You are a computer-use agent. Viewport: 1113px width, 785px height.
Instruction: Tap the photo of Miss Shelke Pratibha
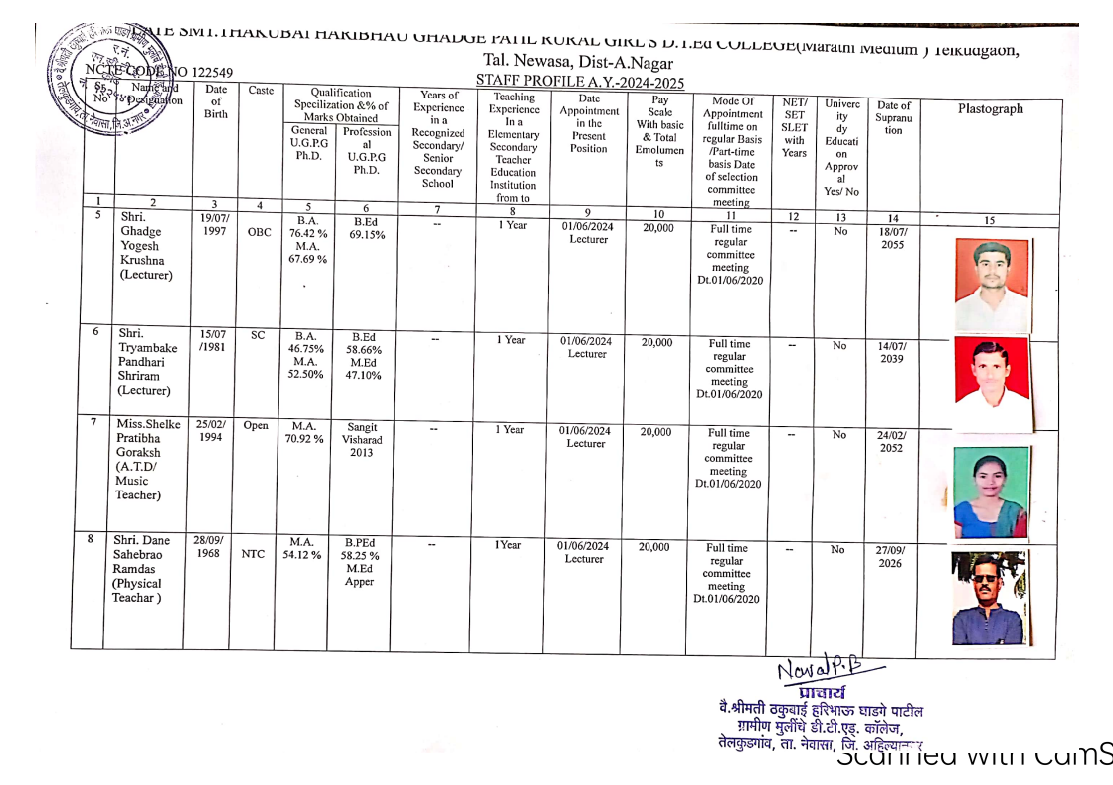tap(991, 491)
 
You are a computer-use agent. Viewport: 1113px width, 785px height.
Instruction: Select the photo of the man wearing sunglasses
tap(989, 599)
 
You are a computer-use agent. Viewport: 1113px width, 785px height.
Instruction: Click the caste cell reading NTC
tap(253, 555)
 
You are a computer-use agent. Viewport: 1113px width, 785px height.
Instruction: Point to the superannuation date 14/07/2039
tap(892, 353)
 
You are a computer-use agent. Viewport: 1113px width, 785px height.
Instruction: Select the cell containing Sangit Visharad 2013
tap(361, 439)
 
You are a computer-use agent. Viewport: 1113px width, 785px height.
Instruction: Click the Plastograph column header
tap(989, 109)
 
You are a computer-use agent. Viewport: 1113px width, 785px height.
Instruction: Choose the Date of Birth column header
tap(215, 101)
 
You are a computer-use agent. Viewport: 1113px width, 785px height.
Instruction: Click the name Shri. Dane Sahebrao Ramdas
tap(141, 569)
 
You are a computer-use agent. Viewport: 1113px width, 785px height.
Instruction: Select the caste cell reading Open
tap(256, 426)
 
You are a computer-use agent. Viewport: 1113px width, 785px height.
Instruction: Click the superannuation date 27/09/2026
tap(891, 556)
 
